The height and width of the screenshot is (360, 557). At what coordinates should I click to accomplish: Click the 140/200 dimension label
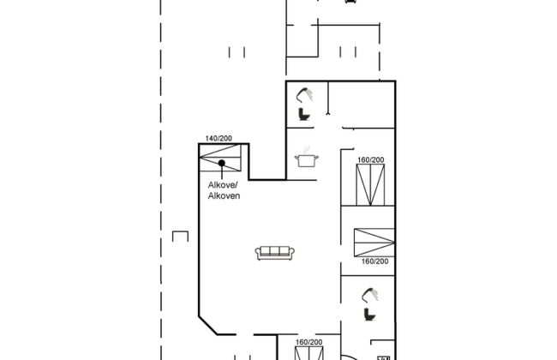(x=219, y=138)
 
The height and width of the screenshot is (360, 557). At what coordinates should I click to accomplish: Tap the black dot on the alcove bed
(x=222, y=163)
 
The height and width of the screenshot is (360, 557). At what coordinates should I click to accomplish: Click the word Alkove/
(x=223, y=185)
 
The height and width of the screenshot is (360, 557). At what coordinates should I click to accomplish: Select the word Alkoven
(x=224, y=195)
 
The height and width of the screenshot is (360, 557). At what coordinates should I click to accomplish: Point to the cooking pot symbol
(x=306, y=159)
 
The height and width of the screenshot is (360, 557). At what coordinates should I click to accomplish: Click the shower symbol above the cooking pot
(x=305, y=95)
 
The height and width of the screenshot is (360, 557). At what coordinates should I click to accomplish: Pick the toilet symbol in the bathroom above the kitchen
(x=303, y=115)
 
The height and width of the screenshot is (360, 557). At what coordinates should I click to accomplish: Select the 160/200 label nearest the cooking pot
(x=370, y=160)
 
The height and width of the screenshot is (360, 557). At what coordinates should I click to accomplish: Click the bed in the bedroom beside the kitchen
(x=370, y=185)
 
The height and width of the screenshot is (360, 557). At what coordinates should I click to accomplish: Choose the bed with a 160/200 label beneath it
(x=374, y=243)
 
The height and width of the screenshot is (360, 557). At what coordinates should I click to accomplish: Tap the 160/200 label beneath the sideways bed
(x=374, y=261)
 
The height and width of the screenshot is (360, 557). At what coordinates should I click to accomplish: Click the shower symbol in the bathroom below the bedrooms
(x=370, y=295)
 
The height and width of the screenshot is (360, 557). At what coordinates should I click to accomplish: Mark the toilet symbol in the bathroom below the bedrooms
(x=370, y=315)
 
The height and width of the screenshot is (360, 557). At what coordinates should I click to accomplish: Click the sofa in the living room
(x=274, y=253)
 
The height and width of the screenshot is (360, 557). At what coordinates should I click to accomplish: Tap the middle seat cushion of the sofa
(x=274, y=251)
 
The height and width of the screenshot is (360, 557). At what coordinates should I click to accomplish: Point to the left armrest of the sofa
(x=258, y=253)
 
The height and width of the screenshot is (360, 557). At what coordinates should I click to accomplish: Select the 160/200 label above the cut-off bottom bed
(x=309, y=342)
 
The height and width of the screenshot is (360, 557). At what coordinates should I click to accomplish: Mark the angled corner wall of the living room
(x=208, y=325)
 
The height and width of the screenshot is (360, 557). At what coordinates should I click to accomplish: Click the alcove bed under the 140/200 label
(x=220, y=158)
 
